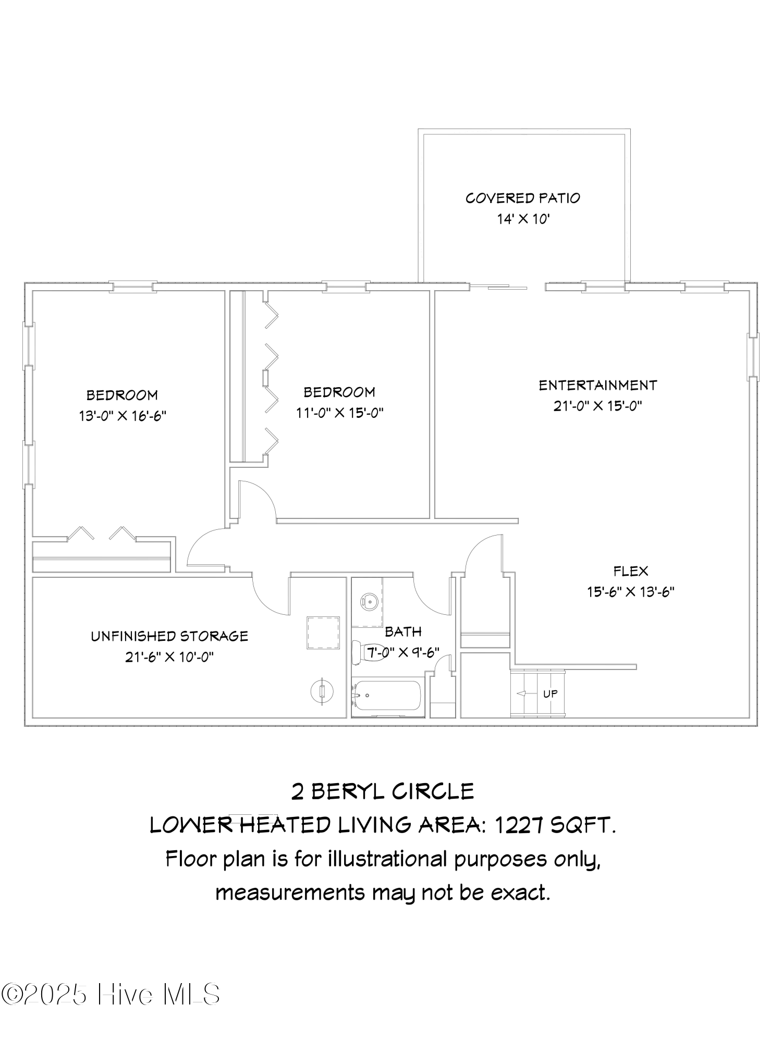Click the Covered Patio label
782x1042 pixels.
point(522,198)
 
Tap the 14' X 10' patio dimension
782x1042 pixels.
point(523,219)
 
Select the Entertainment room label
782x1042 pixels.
point(597,385)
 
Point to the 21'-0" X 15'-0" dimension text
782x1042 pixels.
point(597,406)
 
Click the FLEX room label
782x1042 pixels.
point(631,571)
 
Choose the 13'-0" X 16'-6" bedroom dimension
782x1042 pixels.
point(123,416)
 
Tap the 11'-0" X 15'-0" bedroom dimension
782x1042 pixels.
point(340,413)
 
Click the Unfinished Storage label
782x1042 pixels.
point(169,636)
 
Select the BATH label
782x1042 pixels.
point(403,632)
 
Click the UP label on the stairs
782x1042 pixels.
point(550,693)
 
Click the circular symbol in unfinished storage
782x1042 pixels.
point(322,692)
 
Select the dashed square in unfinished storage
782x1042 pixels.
point(323,632)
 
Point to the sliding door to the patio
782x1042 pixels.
point(498,287)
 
